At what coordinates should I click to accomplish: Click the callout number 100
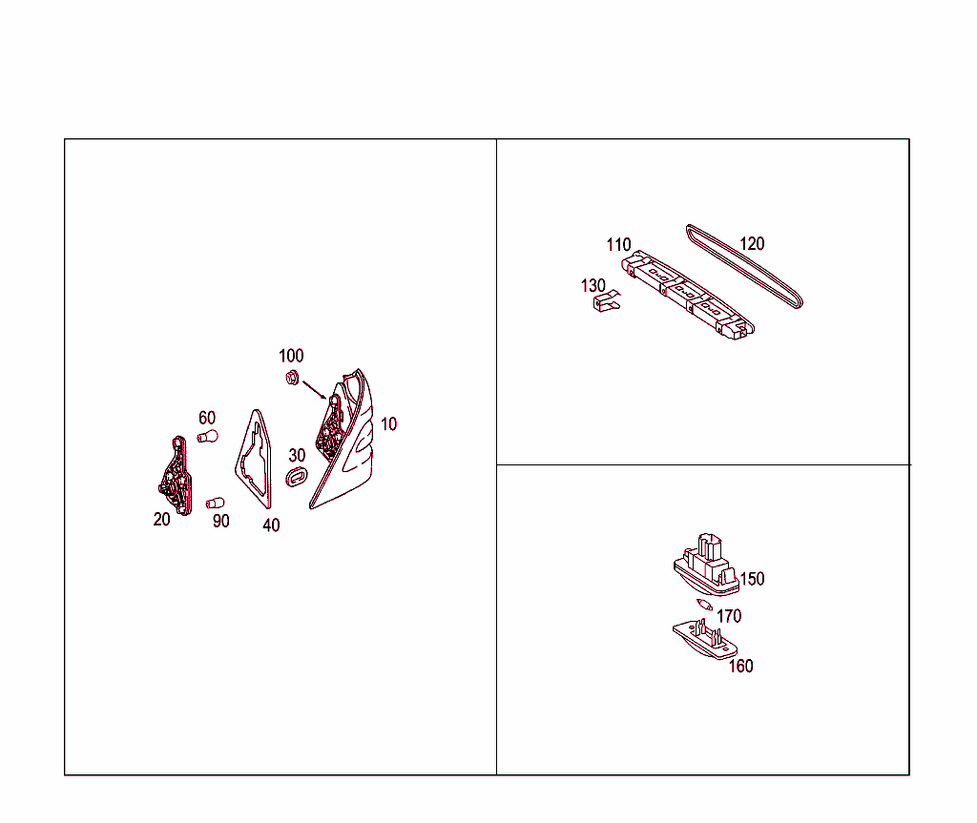(291, 356)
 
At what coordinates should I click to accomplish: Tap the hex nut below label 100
(292, 377)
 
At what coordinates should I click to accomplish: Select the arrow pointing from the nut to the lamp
(314, 390)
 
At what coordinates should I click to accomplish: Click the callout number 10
(389, 424)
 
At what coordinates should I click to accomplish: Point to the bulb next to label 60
(208, 437)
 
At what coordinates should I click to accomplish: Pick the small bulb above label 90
(216, 503)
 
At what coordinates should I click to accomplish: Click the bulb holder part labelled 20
(176, 475)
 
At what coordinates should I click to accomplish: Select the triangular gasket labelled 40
(255, 459)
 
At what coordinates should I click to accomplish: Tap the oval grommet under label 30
(297, 477)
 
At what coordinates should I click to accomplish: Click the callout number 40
(271, 525)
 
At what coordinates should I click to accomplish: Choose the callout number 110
(618, 245)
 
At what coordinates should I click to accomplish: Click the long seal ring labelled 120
(744, 267)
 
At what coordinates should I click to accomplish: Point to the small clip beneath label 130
(607, 301)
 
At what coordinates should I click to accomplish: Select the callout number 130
(593, 286)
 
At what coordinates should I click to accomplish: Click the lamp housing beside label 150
(706, 565)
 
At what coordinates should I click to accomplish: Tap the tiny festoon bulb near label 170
(704, 605)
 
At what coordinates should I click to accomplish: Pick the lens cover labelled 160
(705, 639)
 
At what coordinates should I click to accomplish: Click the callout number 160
(740, 666)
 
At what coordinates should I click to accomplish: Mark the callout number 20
(162, 519)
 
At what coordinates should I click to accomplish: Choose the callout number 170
(729, 616)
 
